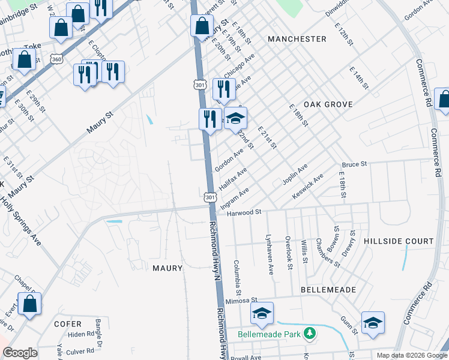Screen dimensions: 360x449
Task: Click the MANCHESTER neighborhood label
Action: [x=297, y=39]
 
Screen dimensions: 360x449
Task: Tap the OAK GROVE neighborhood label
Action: [x=327, y=104]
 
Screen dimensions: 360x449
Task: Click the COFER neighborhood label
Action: [x=67, y=324]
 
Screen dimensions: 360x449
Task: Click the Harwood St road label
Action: [x=248, y=212]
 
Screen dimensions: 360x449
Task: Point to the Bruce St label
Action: [x=354, y=164]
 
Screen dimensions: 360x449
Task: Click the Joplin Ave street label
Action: [x=294, y=174]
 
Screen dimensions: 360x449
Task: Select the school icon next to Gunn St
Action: [x=372, y=323]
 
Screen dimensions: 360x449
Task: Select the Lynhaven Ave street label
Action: [x=271, y=255]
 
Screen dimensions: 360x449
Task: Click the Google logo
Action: [x=20, y=353]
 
